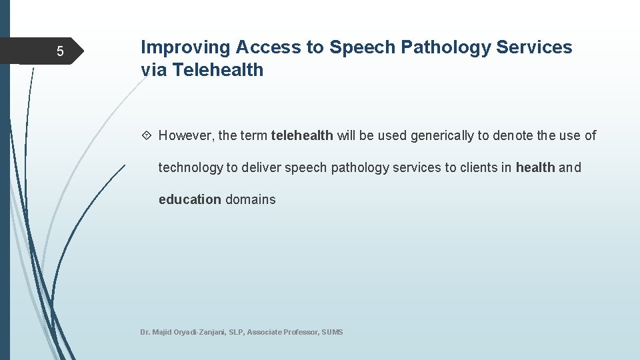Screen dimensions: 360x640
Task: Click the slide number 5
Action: pos(60,51)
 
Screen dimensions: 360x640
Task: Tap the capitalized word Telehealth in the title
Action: pos(218,69)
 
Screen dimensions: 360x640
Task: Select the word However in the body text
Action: pos(186,136)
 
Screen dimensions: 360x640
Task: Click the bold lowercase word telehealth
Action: pos(302,136)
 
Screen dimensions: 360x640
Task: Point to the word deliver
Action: pos(261,168)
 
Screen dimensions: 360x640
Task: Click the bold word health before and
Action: pos(535,168)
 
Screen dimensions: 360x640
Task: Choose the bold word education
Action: pos(189,199)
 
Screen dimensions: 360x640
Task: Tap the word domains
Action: pos(251,199)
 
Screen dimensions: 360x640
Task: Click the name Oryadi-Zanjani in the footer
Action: pos(196,332)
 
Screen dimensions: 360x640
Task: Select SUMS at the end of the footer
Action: pos(332,332)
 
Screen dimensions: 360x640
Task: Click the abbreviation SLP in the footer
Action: pos(237,332)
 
